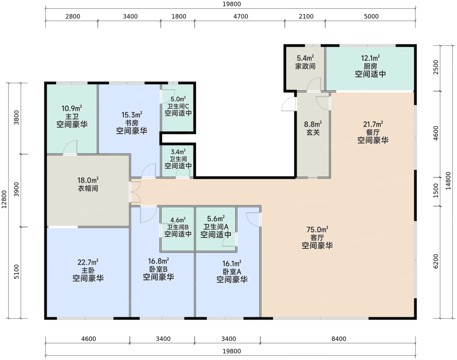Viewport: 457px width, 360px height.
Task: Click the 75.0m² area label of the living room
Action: coord(317,229)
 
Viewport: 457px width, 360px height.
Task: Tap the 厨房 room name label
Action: coord(370,66)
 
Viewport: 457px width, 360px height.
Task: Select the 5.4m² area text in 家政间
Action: coord(306,58)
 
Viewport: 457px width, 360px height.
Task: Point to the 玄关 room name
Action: coord(313,132)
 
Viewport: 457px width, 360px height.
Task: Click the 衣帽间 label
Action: coord(88,188)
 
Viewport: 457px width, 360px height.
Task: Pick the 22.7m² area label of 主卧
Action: coord(88,262)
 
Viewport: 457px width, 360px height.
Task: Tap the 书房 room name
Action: coord(132,123)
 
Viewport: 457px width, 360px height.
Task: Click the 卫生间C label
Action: coord(178,106)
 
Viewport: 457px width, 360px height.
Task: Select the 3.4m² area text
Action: coord(178,152)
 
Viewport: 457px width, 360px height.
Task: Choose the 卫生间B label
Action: coord(178,227)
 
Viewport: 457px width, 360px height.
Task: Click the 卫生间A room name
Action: coord(216,227)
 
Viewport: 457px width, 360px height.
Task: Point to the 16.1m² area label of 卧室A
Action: coord(232,263)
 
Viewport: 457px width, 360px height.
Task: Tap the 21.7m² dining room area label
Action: coord(373,124)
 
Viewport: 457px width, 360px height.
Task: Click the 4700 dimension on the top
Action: coord(241,16)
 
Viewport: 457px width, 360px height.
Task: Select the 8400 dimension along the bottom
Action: coord(339,338)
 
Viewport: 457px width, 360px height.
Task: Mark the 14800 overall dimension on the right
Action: coord(448,181)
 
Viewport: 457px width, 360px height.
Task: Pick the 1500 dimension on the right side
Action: coord(435,191)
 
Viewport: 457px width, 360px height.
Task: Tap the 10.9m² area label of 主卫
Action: coord(72,108)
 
